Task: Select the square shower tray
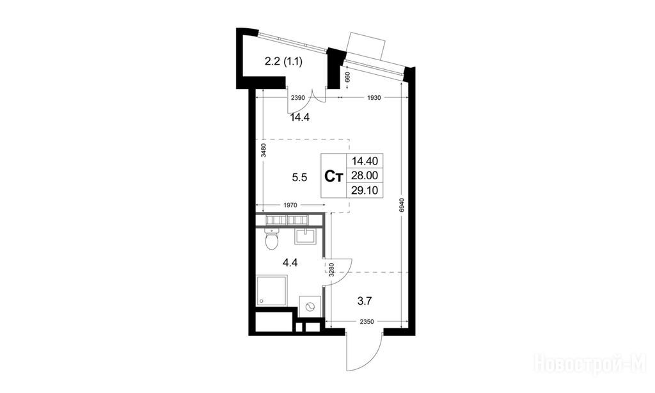pyautogui.click(x=272, y=290)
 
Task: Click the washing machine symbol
pyautogui.click(x=311, y=307)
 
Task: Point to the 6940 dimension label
pyautogui.click(x=401, y=205)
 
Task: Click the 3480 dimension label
pyautogui.click(x=263, y=150)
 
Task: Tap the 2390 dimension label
pyautogui.click(x=299, y=98)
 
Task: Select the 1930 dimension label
pyautogui.click(x=374, y=98)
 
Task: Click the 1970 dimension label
pyautogui.click(x=290, y=205)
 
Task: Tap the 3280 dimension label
pyautogui.click(x=331, y=269)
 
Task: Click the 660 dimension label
pyautogui.click(x=347, y=77)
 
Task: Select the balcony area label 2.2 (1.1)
pyautogui.click(x=283, y=62)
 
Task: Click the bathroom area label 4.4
pyautogui.click(x=290, y=263)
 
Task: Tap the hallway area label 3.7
pyautogui.click(x=365, y=300)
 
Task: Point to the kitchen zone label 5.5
pyautogui.click(x=299, y=178)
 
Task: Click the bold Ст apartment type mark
pyautogui.click(x=334, y=177)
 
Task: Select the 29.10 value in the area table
pyautogui.click(x=365, y=191)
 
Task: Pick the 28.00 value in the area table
pyautogui.click(x=365, y=175)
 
